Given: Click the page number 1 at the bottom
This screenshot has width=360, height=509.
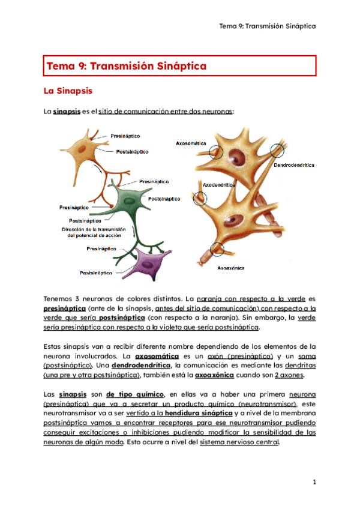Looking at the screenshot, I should coord(314,482).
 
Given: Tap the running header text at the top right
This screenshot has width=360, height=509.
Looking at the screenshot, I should coord(268,26).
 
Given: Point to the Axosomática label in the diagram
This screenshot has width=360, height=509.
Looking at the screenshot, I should coord(191,143).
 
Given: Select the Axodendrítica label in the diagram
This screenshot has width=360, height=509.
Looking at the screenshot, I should coord(218,185).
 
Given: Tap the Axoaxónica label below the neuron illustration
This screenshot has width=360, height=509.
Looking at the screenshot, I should coord(231,268).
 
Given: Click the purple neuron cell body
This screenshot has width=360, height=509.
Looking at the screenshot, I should coord(145,262).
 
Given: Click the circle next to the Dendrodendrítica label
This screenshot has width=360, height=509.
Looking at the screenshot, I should coord(278,150).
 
